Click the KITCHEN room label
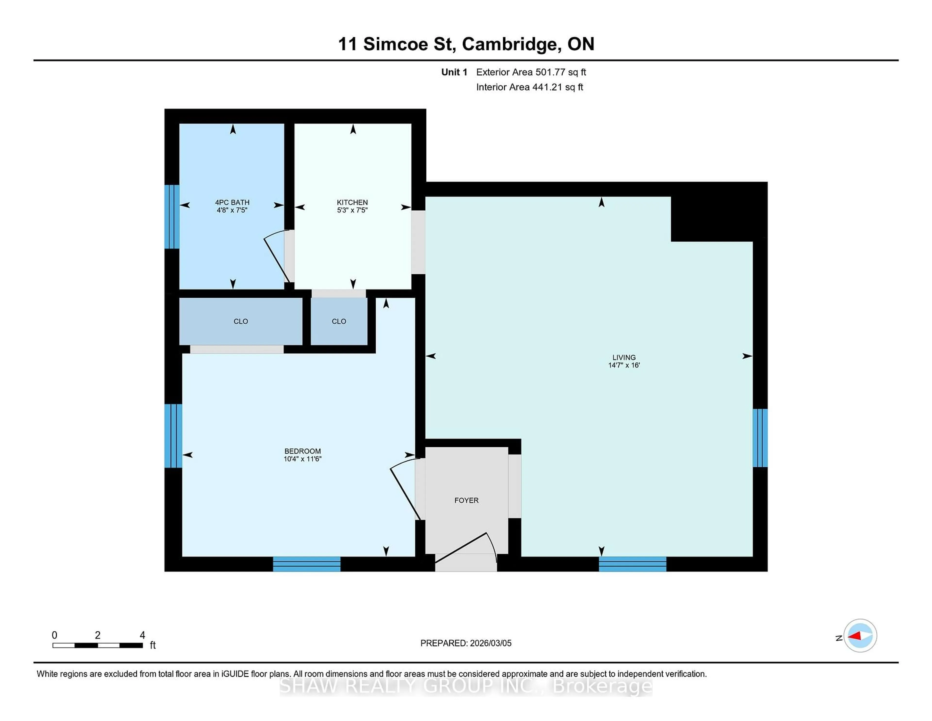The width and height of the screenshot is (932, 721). pyautogui.click(x=352, y=202)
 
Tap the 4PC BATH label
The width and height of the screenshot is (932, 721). pyautogui.click(x=232, y=202)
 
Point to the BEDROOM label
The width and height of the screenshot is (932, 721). pyautogui.click(x=303, y=451)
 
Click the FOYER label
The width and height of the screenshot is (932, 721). pyautogui.click(x=466, y=500)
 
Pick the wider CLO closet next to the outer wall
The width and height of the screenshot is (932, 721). pyautogui.click(x=241, y=321)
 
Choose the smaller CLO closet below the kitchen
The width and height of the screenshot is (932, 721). pyautogui.click(x=339, y=321)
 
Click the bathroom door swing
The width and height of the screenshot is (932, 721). pyautogui.click(x=276, y=258)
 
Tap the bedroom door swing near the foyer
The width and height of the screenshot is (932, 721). pyautogui.click(x=405, y=489)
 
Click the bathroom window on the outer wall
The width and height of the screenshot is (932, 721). pyautogui.click(x=172, y=216)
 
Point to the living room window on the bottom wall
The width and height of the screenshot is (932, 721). pyautogui.click(x=632, y=564)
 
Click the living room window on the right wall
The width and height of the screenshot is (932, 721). pyautogui.click(x=760, y=438)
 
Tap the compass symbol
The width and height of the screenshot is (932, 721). pyautogui.click(x=860, y=635)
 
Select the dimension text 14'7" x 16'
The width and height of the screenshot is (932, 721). pyautogui.click(x=624, y=365)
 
